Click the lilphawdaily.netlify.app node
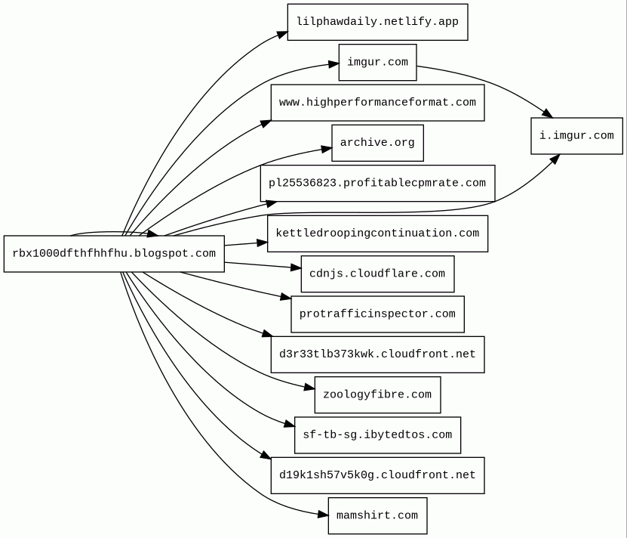377,22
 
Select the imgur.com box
377,63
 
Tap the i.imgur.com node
576,136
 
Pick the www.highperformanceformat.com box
377,103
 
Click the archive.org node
377,143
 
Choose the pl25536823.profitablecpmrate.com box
377,183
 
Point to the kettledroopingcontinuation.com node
377,233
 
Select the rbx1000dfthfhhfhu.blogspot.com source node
114,254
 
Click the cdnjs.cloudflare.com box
377,274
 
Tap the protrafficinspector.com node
377,314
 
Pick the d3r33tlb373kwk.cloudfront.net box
377,354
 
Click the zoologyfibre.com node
377,394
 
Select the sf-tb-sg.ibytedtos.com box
377,435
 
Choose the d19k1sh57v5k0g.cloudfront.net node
377,475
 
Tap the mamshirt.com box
377,515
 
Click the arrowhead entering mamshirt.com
323,515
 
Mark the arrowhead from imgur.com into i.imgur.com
548,113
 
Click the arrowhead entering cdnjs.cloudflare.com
296,267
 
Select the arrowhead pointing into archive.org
327,150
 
